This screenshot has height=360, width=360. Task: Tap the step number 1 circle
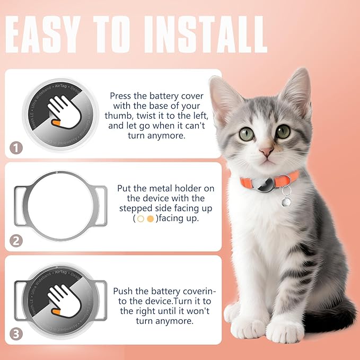pyautogui.click(x=16, y=147)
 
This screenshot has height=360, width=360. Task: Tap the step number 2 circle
pyautogui.click(x=16, y=240)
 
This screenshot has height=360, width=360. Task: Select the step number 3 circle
pyautogui.click(x=16, y=334)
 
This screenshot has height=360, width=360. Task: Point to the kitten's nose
pyautogui.click(x=266, y=153)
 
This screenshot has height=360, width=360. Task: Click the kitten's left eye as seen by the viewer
pyautogui.click(x=247, y=134)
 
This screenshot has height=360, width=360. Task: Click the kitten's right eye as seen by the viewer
pyautogui.click(x=283, y=131)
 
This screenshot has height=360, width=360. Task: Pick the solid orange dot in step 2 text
pyautogui.click(x=150, y=218)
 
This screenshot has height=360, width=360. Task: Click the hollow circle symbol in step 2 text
pyautogui.click(x=141, y=218)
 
